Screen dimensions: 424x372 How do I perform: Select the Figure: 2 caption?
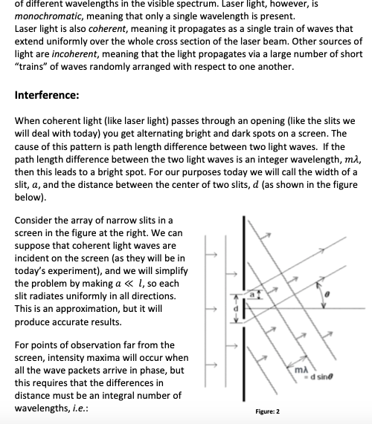(x=268, y=411)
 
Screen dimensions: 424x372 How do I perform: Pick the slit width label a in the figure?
(x=252, y=295)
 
